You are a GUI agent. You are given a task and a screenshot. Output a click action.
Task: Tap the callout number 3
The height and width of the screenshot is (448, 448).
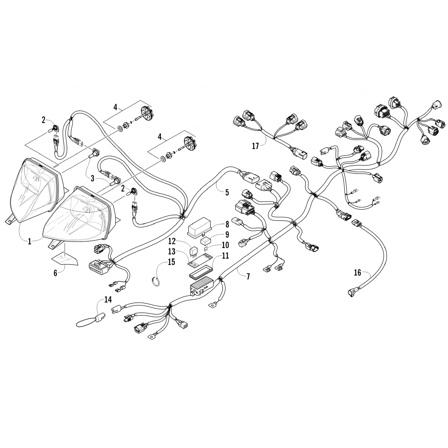(93, 179)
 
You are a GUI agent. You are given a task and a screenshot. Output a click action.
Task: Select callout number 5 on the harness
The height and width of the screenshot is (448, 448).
(227, 192)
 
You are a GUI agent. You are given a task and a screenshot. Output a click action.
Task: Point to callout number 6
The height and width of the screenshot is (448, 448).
(55, 273)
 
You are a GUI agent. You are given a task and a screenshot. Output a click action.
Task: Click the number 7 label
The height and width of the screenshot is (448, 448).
(248, 276)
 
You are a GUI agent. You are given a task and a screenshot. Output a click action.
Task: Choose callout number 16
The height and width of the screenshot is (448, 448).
(358, 273)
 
